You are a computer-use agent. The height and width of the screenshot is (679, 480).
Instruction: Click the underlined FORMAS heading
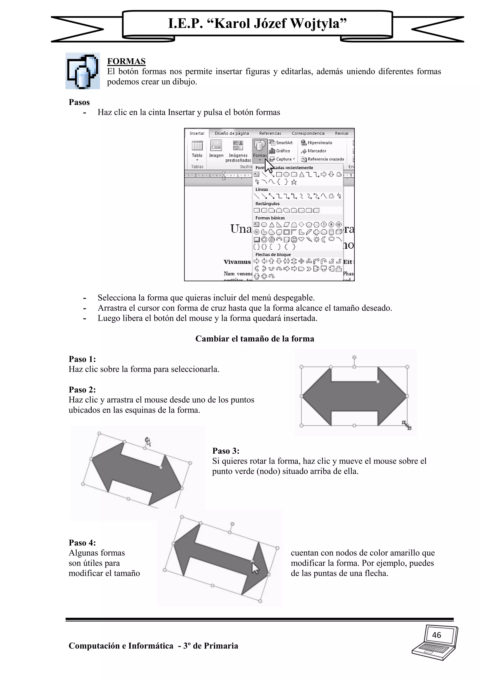point(126,61)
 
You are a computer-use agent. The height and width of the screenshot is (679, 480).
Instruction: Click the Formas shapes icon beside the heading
point(82,71)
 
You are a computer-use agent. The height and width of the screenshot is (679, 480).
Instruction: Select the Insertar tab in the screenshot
point(197,133)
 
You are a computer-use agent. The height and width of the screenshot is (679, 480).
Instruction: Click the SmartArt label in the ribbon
point(284,143)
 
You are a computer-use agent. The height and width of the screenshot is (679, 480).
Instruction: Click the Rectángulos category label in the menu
point(267,204)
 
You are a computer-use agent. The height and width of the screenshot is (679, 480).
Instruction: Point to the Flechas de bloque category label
point(273,254)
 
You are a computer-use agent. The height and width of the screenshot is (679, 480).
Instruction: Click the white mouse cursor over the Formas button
point(268,166)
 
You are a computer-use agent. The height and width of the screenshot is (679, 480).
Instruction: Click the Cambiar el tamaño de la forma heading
point(255,339)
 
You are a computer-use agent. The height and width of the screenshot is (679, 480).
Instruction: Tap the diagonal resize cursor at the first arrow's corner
point(407,425)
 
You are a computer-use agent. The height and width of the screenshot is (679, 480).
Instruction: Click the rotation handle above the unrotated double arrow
point(354,357)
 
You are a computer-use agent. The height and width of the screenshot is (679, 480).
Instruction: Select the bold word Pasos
point(79,102)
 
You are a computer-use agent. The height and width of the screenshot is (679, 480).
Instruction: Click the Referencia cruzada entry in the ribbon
point(325,159)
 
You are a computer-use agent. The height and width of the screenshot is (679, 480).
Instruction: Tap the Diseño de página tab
point(232,133)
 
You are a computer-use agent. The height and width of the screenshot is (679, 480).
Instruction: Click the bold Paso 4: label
point(82,543)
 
